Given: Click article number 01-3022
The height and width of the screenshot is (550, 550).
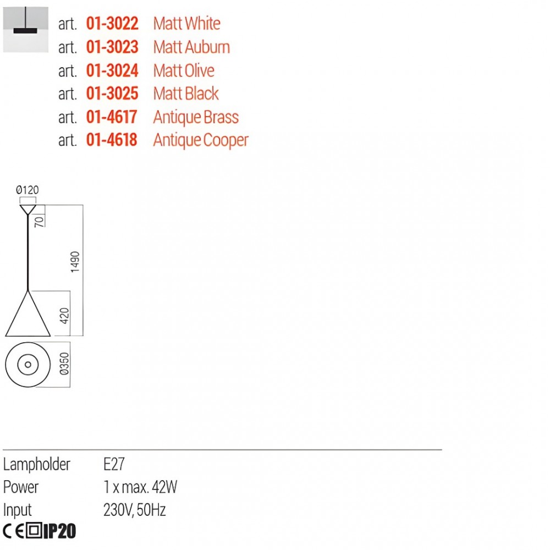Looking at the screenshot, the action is coord(112,24).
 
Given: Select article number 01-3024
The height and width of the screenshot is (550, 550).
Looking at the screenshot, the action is coord(112,70).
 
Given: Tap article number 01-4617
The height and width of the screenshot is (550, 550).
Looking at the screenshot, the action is coord(112,117).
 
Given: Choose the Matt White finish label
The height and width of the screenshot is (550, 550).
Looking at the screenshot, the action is coord(186,24).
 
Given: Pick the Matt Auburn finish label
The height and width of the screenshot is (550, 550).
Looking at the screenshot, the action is coord(191,47).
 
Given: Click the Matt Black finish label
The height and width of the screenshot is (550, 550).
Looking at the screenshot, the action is coord(186,94).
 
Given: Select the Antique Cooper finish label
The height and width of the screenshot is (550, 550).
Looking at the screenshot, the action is coord(201,140).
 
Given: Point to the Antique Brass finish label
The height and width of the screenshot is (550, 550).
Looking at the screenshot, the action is coord(196,117).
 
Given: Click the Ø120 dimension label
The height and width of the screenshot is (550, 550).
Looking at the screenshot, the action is coord(28,190).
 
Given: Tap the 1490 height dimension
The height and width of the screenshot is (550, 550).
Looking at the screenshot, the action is coord(75,262).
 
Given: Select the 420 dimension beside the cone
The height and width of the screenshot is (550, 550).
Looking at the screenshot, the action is coord(64,316).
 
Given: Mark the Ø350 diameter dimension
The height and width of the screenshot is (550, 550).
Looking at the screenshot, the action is coord(64,364).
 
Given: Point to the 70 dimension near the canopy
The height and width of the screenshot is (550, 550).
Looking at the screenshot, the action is coord(39,222).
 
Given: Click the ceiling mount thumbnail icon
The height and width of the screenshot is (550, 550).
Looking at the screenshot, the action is coord(26,30).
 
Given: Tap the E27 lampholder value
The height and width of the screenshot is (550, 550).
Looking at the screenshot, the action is coord(114,464).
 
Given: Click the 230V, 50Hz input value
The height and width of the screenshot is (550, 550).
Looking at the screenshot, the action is coord(134,510).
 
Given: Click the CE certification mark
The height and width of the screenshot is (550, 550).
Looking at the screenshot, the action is coord(13,531).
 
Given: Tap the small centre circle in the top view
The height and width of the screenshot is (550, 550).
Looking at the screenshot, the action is coord(28,365).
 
